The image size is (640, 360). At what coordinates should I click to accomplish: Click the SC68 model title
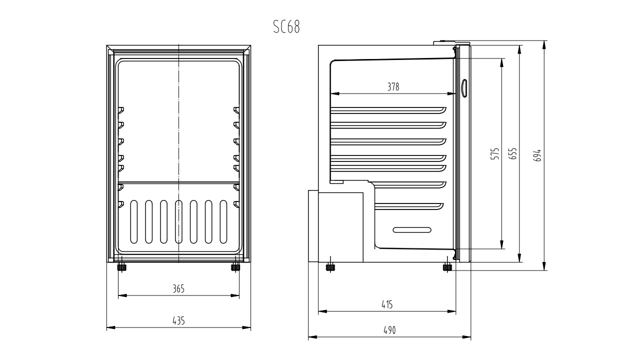286,27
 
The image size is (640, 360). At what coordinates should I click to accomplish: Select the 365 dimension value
178,289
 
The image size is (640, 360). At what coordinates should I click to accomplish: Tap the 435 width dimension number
178,321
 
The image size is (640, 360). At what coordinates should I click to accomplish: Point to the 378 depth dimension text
393,86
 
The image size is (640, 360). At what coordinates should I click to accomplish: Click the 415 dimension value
387,304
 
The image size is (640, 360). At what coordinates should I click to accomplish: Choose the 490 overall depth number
389,330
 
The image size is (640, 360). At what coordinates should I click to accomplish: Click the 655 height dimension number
513,153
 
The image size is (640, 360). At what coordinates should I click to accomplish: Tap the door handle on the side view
464,88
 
